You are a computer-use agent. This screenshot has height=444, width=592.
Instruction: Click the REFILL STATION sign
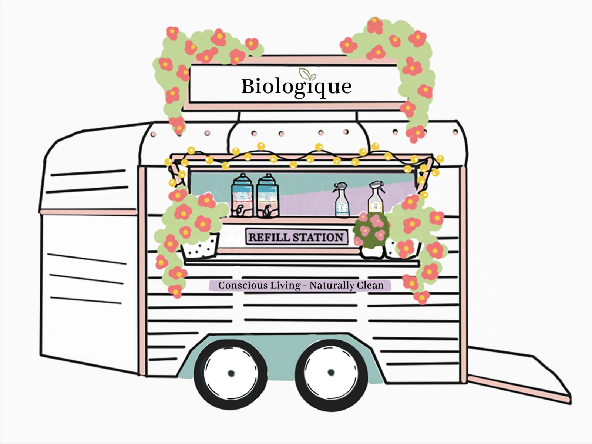pos(296,237)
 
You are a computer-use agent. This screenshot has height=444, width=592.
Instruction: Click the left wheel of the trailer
pos(231,372)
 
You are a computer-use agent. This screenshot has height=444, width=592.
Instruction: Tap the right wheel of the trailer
pos(331,372)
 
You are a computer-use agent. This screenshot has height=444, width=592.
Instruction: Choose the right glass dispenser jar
pos(268,196)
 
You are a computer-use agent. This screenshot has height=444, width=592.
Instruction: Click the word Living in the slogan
pos(285,285)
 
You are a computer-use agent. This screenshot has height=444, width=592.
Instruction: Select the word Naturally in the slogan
pos(332,285)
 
